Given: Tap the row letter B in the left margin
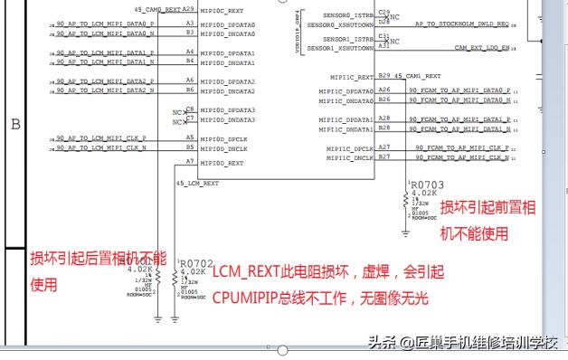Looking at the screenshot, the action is pyautogui.click(x=15, y=125).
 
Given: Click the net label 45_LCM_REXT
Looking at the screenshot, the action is pyautogui.click(x=198, y=183).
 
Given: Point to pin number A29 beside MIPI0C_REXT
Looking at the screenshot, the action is pyautogui.click(x=189, y=9).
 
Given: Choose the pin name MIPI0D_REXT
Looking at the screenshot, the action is pyautogui.click(x=222, y=163).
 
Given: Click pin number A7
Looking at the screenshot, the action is pyautogui.click(x=190, y=162).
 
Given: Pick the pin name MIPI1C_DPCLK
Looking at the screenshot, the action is pyautogui.click(x=350, y=148).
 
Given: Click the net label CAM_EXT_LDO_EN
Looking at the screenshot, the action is pyautogui.click(x=481, y=47).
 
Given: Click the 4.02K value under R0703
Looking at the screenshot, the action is pyautogui.click(x=423, y=193).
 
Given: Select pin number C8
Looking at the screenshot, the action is pyautogui.click(x=190, y=109).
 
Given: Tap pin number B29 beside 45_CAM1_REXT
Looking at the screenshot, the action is pyautogui.click(x=384, y=76).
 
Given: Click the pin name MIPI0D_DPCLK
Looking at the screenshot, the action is pyautogui.click(x=223, y=139).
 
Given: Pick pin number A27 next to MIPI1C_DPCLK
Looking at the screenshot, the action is pyautogui.click(x=384, y=147).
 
